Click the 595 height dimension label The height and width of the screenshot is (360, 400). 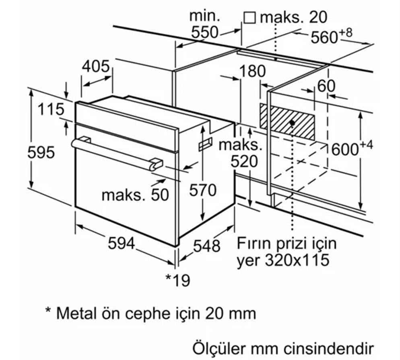[x=41, y=153]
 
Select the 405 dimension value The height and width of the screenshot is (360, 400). [x=96, y=66]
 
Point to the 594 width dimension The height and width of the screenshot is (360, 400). [x=122, y=243]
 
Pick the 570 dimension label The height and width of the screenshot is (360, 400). [x=204, y=190]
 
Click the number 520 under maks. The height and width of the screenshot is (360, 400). [x=243, y=161]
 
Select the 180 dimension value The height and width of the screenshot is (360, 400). [x=252, y=71]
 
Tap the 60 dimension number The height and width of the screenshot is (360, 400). [x=326, y=86]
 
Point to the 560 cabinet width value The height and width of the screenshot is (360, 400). [x=324, y=37]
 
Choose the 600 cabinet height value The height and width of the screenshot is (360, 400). [x=344, y=149]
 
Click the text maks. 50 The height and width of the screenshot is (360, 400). [x=135, y=195]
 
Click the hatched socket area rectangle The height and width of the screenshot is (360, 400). [x=287, y=121]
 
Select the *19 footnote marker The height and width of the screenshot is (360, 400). [x=177, y=280]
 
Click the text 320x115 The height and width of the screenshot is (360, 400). [x=297, y=260]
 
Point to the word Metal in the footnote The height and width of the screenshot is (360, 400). [x=75, y=313]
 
